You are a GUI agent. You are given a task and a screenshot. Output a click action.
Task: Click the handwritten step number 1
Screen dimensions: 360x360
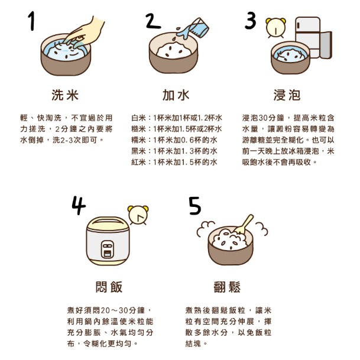pos(32,21)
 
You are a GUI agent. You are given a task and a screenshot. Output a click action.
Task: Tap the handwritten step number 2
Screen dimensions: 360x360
pos(153,21)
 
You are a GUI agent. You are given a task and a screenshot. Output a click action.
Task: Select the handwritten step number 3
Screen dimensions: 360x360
pos(250,21)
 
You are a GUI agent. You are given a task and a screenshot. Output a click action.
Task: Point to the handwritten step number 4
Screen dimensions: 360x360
pos(79,205)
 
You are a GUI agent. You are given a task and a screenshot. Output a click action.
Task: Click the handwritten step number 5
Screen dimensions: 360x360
pos(195,206)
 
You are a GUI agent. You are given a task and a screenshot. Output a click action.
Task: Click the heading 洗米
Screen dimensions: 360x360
pos(65,95)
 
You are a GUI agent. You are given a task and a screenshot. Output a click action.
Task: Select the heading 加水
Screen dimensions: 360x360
pos(176,95)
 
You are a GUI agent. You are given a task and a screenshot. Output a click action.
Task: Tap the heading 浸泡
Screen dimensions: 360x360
pos(287,95)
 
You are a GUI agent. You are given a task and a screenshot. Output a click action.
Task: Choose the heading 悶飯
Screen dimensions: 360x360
pos(109,287)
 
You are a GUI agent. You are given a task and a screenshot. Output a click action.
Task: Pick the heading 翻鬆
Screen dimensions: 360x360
pos(227,287)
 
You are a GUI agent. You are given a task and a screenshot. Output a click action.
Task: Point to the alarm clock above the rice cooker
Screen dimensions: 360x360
pos(138,215)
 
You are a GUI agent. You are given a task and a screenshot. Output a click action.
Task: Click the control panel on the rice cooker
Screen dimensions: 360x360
pos(108,249)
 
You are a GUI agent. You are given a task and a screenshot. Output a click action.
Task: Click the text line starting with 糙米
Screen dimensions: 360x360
pos(177,129)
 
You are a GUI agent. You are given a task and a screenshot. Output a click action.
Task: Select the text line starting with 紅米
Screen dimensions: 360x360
pos(174,162)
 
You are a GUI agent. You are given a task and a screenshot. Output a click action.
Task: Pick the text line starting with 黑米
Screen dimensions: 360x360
pos(174,151)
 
